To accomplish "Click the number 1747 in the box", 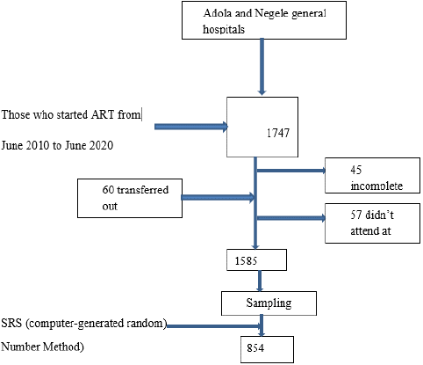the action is [x=278, y=133].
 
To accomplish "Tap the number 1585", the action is [x=246, y=260].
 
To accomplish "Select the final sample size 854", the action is [x=255, y=348].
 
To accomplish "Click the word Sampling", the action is [x=269, y=303].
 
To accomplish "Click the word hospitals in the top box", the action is [x=224, y=29].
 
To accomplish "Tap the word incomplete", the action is [x=376, y=186].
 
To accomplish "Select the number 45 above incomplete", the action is [x=356, y=170].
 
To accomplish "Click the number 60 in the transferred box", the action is [x=108, y=190].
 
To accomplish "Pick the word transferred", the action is [x=143, y=190].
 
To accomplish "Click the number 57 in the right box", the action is [x=356, y=215].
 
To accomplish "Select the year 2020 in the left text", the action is [x=101, y=145].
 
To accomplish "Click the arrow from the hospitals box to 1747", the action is [x=262, y=67].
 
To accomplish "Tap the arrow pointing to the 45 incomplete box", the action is [x=291, y=171].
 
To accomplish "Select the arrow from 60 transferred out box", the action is [x=219, y=197].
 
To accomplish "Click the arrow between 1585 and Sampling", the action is [x=259, y=281].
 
